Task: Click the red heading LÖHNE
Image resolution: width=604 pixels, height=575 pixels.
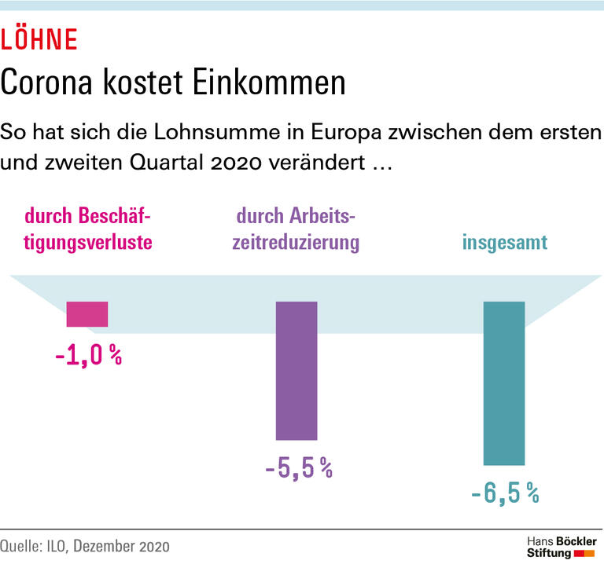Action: [x=39, y=39]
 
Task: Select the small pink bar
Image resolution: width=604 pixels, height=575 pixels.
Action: [x=87, y=313]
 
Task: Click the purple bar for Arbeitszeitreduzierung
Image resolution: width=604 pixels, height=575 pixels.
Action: [x=296, y=370]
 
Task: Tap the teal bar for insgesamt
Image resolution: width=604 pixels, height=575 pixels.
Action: [x=504, y=383]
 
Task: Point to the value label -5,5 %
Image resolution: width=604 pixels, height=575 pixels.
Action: [x=298, y=469]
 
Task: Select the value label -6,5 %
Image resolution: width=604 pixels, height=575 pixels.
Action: [x=505, y=494]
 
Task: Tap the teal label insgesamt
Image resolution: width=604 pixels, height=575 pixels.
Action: [x=504, y=243]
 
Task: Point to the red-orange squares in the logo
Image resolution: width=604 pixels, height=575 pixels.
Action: [x=584, y=555]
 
